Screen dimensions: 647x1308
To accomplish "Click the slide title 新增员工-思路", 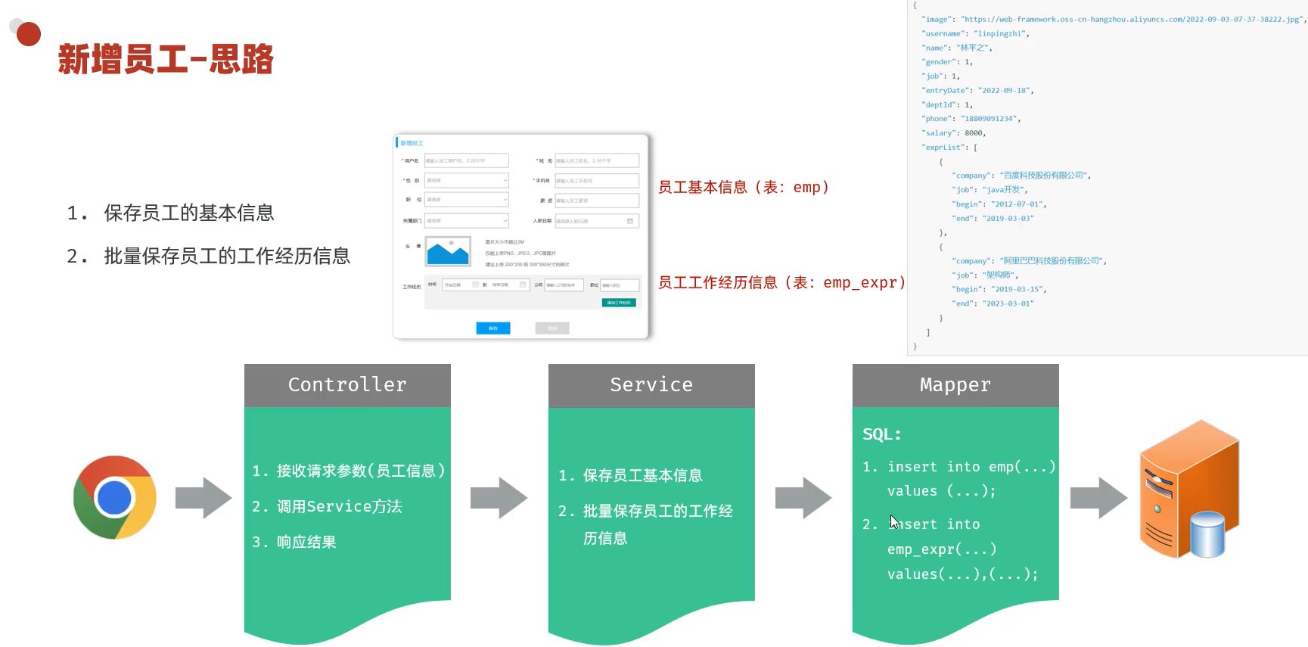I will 166,59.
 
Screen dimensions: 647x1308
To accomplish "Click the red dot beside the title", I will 29,34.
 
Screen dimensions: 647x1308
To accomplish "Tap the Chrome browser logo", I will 115,497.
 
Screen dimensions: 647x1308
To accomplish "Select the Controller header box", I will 347,385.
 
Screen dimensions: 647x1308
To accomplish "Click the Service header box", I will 651,385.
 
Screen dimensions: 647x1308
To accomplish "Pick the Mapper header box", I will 955,385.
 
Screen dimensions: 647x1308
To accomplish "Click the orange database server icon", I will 1188,490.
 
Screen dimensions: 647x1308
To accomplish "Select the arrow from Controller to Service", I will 499,498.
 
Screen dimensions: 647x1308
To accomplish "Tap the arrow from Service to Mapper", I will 803,498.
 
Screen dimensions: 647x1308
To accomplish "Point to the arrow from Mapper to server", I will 1098,498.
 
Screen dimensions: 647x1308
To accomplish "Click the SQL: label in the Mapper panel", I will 882,434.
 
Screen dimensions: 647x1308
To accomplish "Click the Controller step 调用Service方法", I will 327,506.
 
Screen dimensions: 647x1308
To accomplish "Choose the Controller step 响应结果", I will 294,542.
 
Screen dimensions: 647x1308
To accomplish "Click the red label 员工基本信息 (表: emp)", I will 744,187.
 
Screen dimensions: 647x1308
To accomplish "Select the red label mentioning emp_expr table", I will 781,283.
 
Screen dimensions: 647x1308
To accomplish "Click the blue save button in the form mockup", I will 493,328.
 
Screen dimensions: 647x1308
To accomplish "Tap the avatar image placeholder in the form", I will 448,252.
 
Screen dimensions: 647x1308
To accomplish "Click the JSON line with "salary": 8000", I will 954,133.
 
